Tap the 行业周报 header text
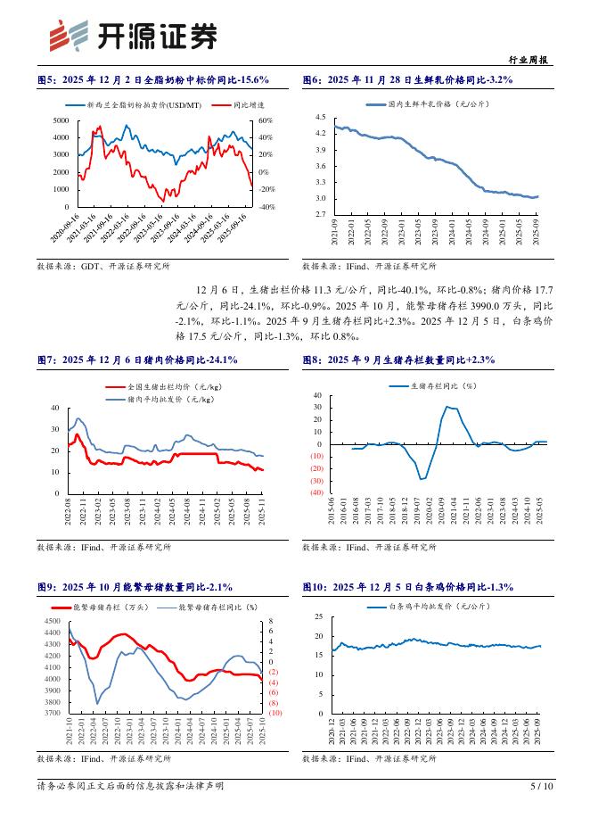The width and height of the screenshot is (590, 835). tap(533, 60)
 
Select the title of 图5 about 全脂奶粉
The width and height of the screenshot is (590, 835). tap(152, 80)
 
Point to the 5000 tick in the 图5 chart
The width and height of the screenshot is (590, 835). tap(61, 120)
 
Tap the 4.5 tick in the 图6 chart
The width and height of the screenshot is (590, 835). tap(321, 118)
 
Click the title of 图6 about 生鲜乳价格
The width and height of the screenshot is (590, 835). tap(407, 80)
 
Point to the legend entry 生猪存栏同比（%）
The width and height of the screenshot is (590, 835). tap(444, 385)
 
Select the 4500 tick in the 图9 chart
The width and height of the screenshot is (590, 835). tap(52, 621)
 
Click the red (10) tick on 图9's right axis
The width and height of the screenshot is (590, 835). tap(275, 714)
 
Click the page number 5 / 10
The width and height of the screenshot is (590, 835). tap(542, 787)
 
